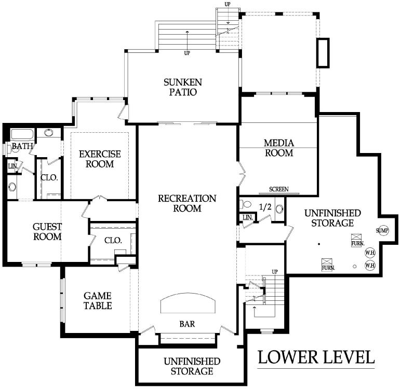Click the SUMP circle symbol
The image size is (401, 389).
[382, 231]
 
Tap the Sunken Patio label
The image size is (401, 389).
[183, 87]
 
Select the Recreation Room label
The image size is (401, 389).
[187, 203]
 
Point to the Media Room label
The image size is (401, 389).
[279, 148]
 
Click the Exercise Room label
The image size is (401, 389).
[100, 159]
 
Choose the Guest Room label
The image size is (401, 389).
[47, 232]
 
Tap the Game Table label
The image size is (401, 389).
[98, 301]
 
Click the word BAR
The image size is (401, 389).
[187, 324]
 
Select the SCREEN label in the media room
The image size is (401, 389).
[279, 189]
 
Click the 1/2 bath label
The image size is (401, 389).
[265, 207]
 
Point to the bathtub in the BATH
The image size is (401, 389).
[22, 134]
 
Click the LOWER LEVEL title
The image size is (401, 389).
[316, 357]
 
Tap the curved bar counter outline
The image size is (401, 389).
[188, 294]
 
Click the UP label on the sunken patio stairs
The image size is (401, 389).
[187, 53]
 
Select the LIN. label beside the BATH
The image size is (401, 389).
[13, 166]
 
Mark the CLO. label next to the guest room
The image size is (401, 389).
[113, 240]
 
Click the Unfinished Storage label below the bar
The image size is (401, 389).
[192, 366]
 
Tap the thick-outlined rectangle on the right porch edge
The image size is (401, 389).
[323, 53]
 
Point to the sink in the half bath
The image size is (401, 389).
[279, 209]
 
